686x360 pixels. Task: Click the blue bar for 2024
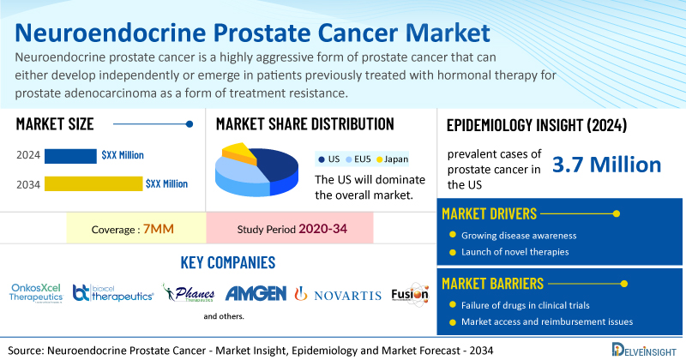point(70,155)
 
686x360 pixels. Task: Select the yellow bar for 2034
point(93,183)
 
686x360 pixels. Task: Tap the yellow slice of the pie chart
point(239,154)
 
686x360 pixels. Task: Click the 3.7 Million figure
point(606,165)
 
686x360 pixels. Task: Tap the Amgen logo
point(256,294)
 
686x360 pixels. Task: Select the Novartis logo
point(338,295)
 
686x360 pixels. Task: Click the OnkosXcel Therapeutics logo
point(36,292)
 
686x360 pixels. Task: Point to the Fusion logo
point(408,294)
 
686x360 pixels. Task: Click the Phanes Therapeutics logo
point(189,294)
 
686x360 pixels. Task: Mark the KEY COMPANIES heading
point(228,262)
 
